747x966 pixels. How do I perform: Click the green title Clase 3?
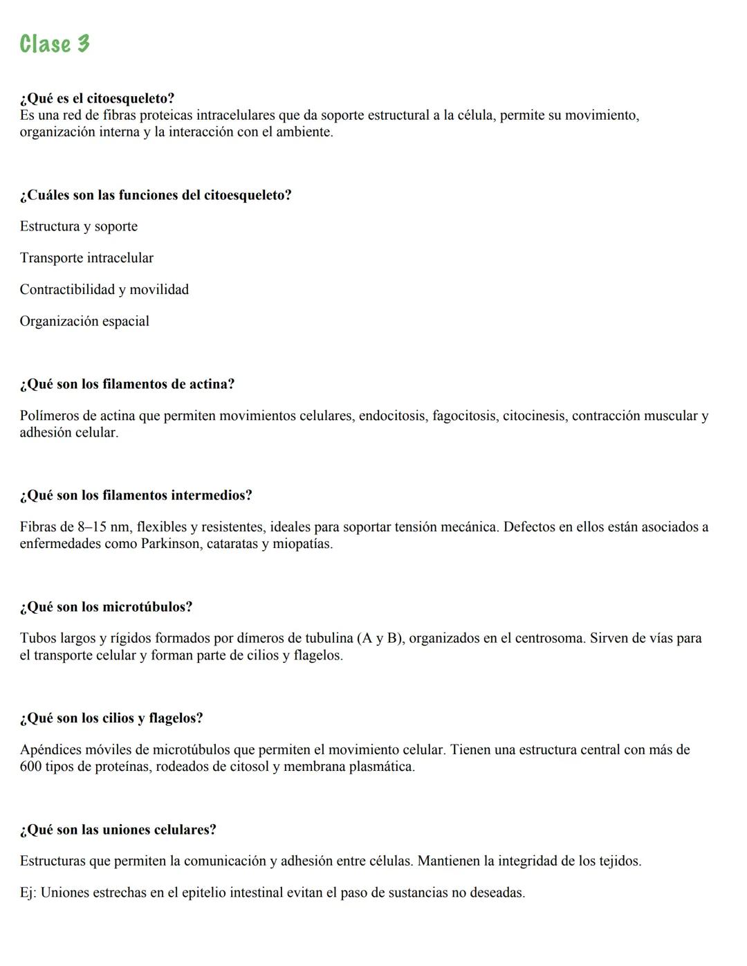pos(55,44)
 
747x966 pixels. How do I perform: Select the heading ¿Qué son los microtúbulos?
pos(106,607)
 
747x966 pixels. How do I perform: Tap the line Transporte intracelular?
pos(86,258)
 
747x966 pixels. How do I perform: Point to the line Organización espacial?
pos(84,321)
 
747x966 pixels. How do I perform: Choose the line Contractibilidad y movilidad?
pos(104,289)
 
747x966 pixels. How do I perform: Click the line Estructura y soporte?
pos(78,226)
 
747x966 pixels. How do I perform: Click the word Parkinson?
pos(171,544)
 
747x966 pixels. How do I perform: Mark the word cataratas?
pos(233,544)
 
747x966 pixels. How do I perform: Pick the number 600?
pos(30,767)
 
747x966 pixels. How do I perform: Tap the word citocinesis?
pos(534,416)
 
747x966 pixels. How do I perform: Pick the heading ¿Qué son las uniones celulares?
pos(118,830)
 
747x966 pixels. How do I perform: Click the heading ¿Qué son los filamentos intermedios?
pos(136,495)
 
